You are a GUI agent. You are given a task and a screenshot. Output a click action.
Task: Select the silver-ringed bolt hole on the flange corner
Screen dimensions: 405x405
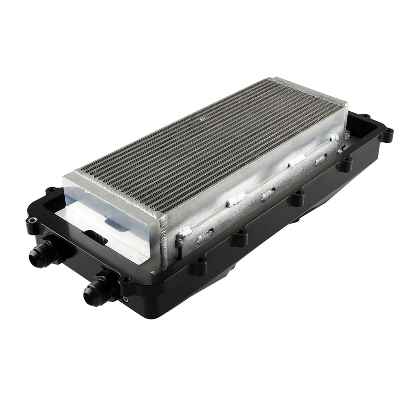32,220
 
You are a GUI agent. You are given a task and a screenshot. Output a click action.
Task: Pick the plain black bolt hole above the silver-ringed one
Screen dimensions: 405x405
51,190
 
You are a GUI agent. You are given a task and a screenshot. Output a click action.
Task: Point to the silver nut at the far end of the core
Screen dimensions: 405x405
348,134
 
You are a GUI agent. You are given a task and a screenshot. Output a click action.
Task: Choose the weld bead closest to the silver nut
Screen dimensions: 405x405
335,137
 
